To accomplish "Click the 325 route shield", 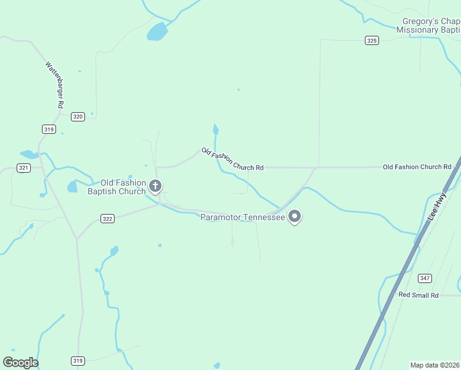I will pos(371,40).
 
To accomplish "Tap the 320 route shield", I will pos(78,117).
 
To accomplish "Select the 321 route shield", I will pos(23,168).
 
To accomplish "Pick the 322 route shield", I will pos(107,218).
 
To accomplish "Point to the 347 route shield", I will pos(425,278).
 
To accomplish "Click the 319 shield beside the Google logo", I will pos(78,361).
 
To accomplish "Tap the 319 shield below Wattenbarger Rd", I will pos(49,129).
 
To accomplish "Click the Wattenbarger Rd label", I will pos(55,84).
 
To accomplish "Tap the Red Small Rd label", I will pos(418,295).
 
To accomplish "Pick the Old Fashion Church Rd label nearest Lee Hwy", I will pos(417,167).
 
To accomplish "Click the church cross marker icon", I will pos(156,186).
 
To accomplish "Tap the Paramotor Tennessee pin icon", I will pos(295,216).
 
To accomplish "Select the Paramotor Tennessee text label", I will pos(243,217).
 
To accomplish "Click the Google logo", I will pos(20,362).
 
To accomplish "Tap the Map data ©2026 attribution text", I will pos(435,365).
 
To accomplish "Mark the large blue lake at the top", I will pos(157,31).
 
